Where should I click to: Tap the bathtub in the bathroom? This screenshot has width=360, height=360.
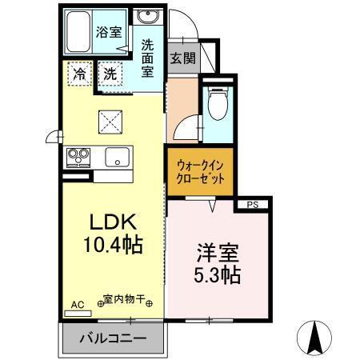point(78,34)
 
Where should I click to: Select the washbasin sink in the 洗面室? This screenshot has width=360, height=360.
point(146,18)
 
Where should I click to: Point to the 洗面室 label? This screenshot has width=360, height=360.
point(148,58)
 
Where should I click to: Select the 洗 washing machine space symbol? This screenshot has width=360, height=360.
point(111,73)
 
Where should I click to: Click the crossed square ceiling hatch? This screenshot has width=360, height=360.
point(110,122)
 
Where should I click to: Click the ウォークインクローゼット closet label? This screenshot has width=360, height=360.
point(201,171)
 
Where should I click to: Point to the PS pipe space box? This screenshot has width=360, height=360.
point(252,205)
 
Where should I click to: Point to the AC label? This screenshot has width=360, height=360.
point(78,305)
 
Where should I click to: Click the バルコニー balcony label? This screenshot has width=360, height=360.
point(112,338)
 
